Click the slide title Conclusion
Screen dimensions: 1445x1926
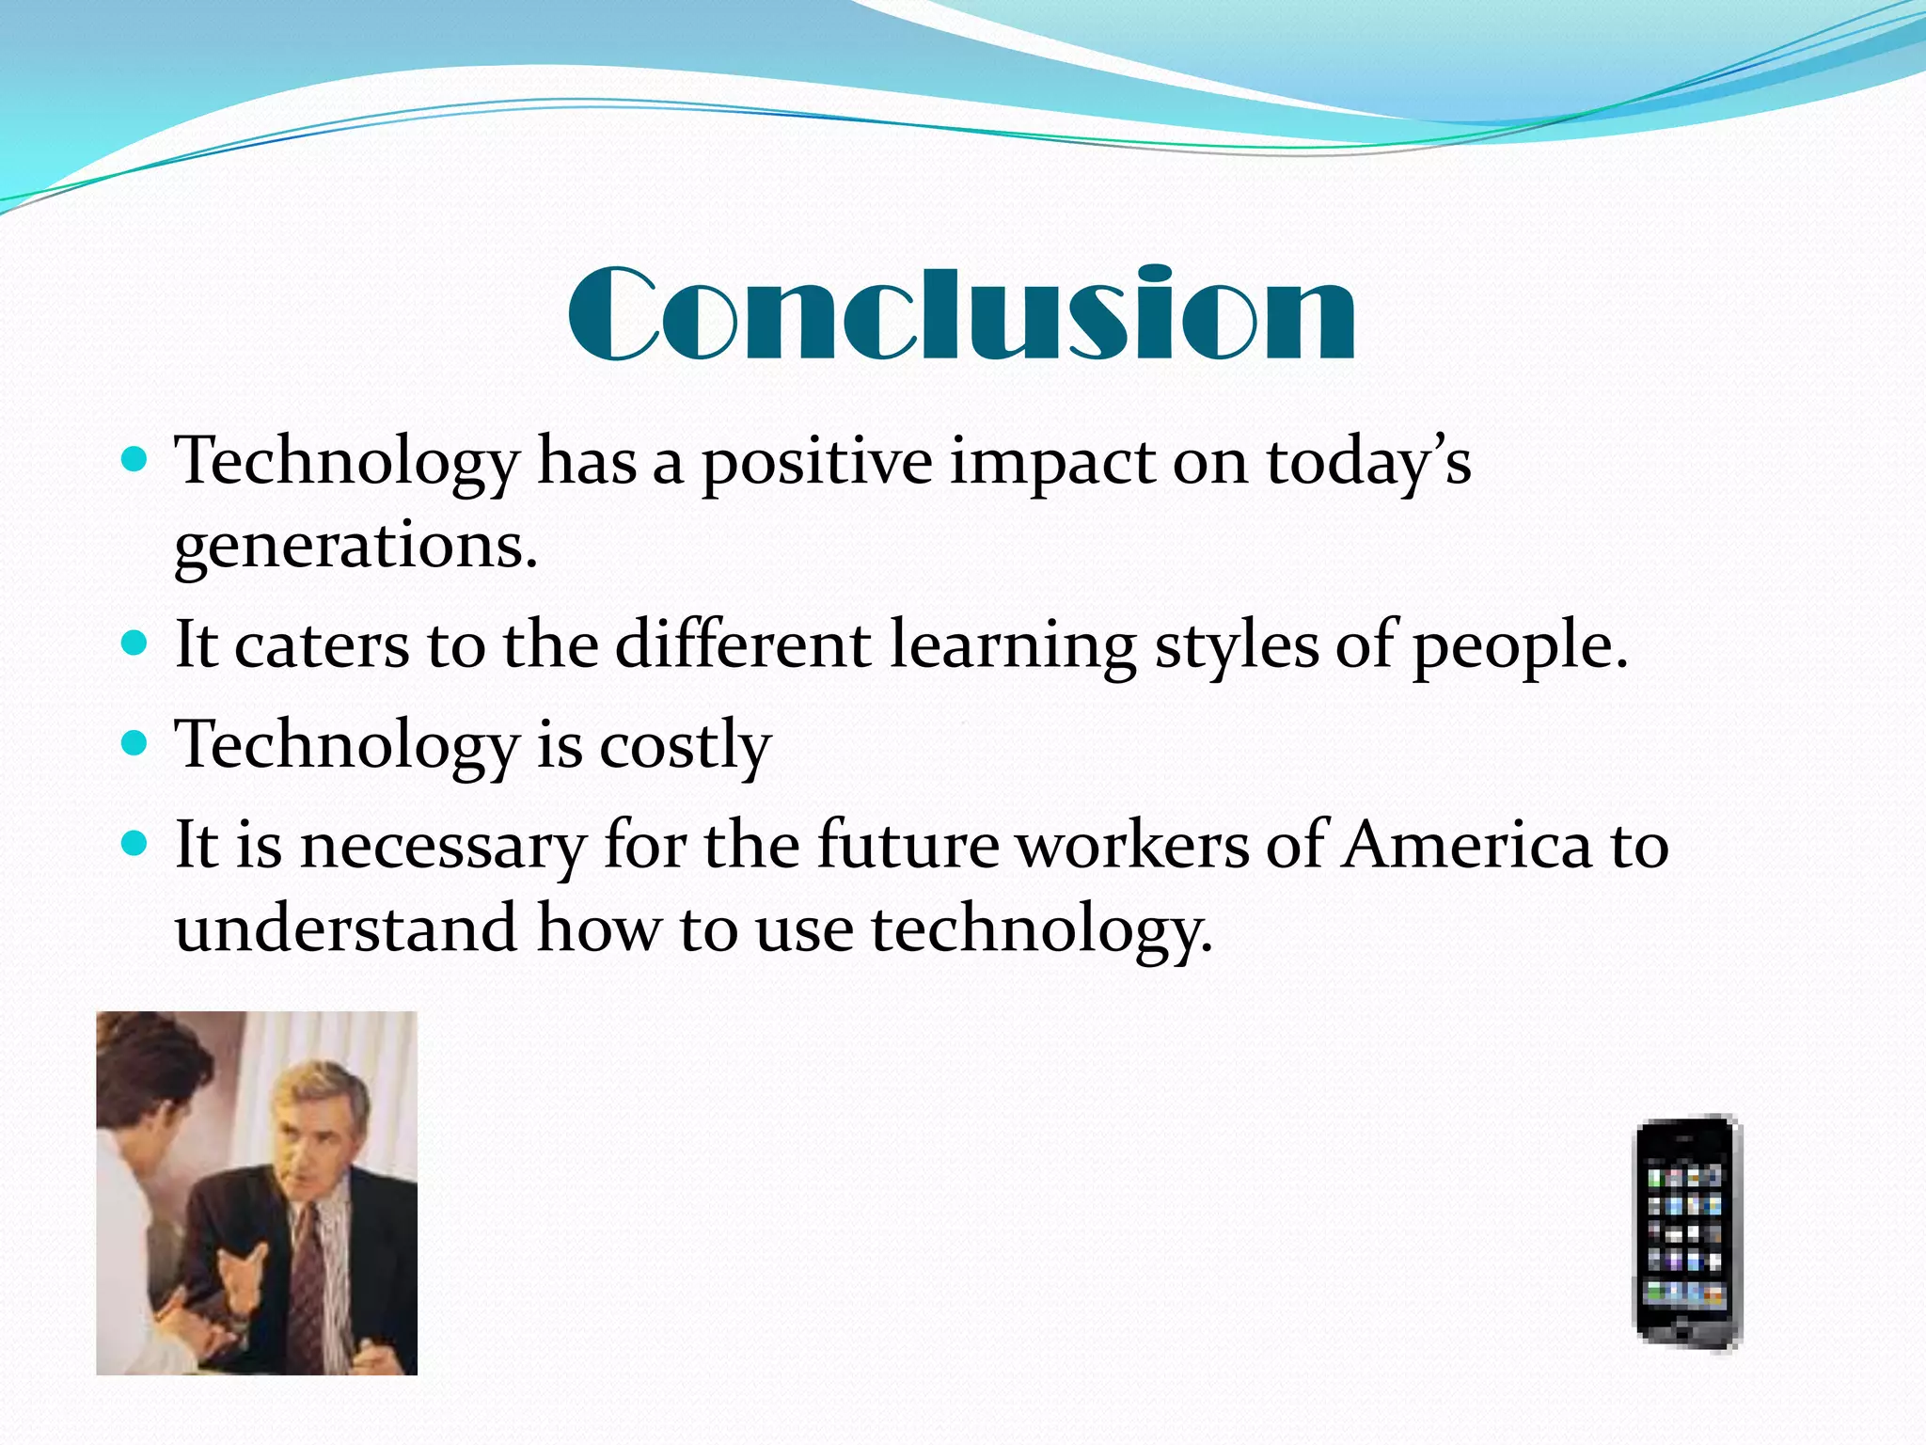point(961,313)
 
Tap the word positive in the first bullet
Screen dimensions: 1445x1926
point(816,463)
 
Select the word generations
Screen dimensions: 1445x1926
point(355,546)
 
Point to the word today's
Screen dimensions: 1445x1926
point(1368,463)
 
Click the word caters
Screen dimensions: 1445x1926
point(322,646)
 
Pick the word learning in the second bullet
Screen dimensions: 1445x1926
point(1013,646)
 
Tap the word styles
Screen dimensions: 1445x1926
point(1237,646)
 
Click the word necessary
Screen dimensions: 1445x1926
point(442,845)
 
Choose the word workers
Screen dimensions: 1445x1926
point(1134,845)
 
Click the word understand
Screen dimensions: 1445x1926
point(346,929)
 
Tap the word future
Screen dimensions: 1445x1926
point(908,845)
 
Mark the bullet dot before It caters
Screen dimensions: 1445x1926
point(136,644)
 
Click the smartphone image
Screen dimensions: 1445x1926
point(1687,1232)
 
